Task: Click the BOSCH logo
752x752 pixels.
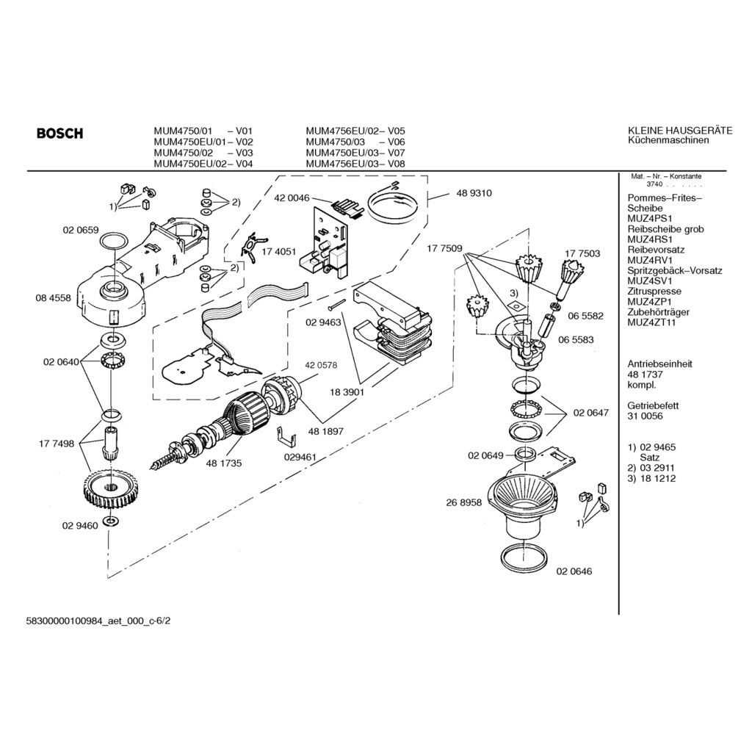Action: (59, 134)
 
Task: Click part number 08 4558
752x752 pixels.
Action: (53, 297)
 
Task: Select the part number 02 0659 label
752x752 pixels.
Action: (81, 231)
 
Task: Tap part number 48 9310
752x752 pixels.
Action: (474, 193)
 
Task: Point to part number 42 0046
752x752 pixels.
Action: (292, 198)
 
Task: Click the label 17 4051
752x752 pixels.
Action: (279, 251)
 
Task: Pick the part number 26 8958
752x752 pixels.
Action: (463, 503)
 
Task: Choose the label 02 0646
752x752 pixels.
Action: (574, 571)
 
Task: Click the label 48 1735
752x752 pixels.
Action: (224, 463)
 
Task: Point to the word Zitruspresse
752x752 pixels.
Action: (654, 292)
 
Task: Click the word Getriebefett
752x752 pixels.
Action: (654, 405)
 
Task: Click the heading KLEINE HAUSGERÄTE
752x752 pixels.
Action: (680, 131)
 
